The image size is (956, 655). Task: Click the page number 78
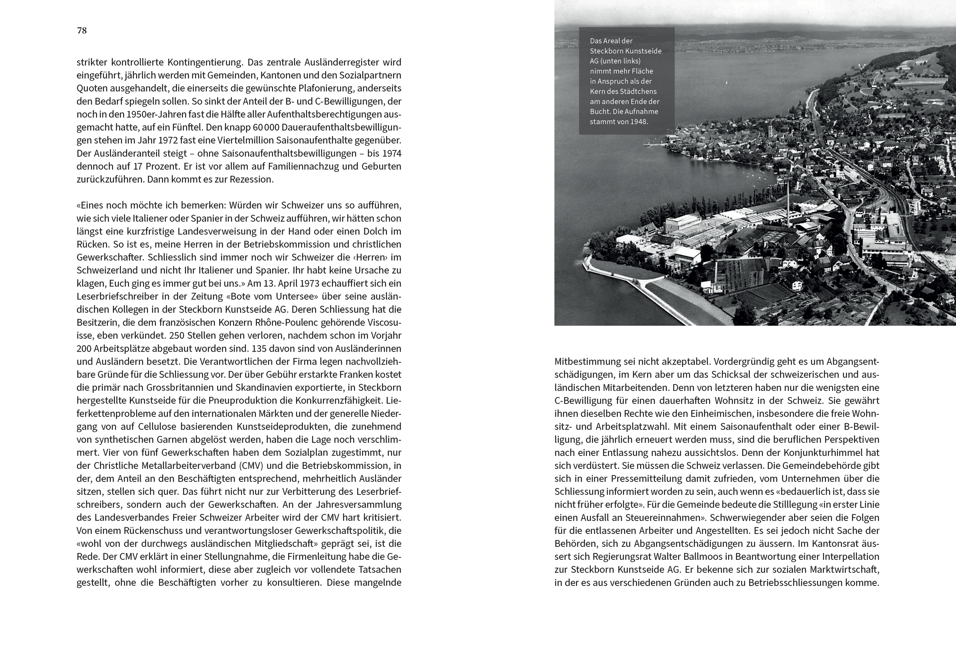(81, 31)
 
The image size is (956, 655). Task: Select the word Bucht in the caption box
(599, 112)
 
